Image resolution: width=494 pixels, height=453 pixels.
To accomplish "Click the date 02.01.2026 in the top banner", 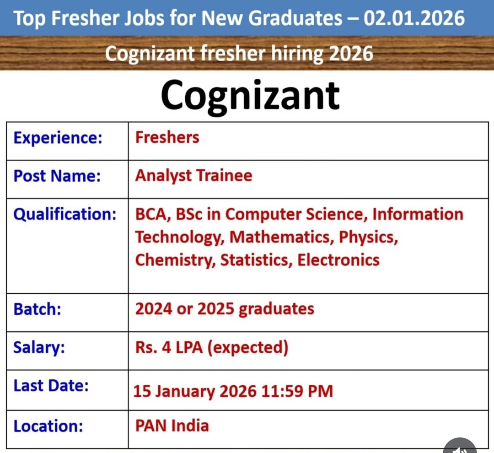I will point(414,18).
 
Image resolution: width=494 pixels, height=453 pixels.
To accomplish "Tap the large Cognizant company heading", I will point(250,95).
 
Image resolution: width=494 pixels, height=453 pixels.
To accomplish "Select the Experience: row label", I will point(58,138).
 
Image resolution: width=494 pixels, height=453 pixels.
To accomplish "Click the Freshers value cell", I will point(167,138).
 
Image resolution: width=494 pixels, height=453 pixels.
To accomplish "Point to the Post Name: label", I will point(57,176).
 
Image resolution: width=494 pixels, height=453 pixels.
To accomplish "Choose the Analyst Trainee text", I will point(193,176).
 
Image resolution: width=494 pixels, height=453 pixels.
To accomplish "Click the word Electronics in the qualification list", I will point(338,260).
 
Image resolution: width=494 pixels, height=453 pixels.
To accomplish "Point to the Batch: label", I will point(38,309).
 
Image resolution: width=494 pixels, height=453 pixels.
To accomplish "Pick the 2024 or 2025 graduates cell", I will point(225,309).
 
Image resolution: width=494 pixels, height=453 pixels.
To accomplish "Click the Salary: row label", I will point(39,348).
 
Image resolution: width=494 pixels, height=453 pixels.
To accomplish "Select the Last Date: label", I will point(51,386).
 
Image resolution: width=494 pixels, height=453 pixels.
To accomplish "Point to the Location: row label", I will point(48,426).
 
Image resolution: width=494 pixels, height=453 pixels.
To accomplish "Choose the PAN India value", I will point(172,426).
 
